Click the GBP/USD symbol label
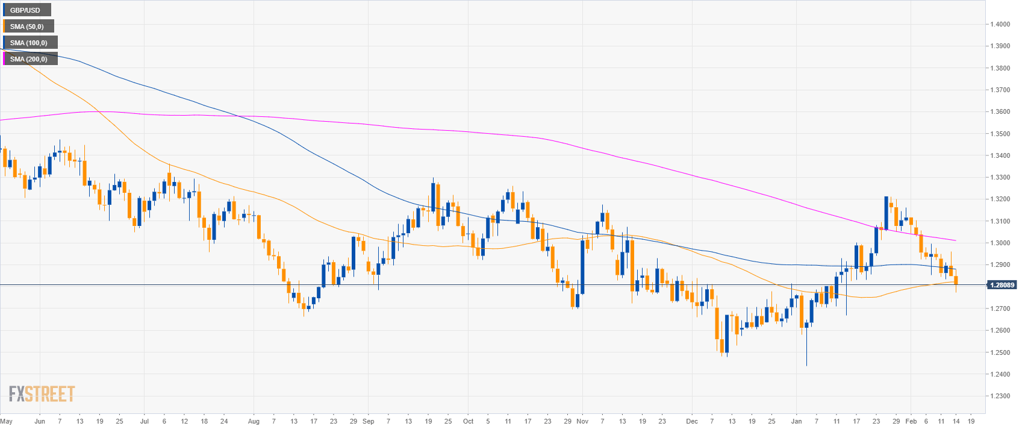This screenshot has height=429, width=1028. (x=25, y=10)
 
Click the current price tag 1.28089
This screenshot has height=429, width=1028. (x=1002, y=285)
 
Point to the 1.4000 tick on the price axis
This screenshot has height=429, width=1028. (x=1000, y=24)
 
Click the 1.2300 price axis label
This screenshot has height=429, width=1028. (x=1000, y=396)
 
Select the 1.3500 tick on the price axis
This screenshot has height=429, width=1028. (x=1000, y=134)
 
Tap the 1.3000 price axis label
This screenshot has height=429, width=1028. (x=1000, y=243)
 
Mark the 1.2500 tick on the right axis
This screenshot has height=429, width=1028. (x=1000, y=352)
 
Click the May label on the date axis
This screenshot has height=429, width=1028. (x=7, y=421)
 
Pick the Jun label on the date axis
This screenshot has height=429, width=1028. (x=40, y=421)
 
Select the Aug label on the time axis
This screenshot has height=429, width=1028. (x=254, y=421)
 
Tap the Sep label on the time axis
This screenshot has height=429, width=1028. (x=369, y=421)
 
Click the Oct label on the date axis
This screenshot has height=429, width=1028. (x=469, y=421)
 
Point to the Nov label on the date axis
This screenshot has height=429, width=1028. (x=582, y=421)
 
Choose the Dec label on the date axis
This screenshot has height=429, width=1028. (x=692, y=421)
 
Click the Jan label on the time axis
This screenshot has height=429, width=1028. (x=797, y=421)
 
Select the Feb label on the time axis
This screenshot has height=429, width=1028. (x=911, y=421)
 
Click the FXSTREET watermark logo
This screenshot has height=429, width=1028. (x=42, y=395)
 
